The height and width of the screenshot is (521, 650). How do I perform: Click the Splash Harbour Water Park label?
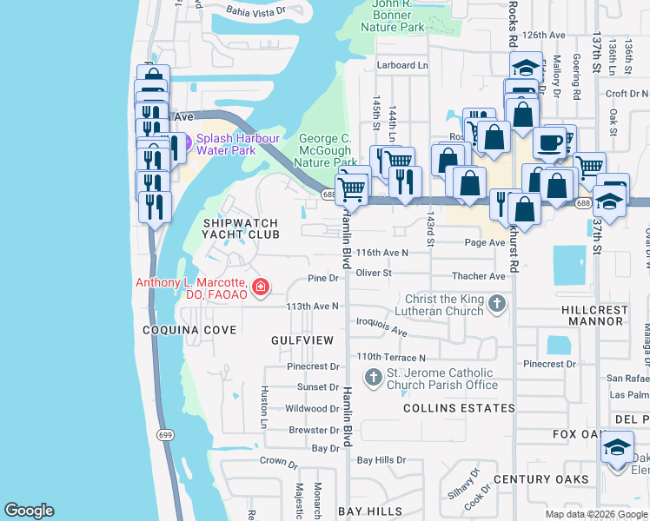pos(225,144)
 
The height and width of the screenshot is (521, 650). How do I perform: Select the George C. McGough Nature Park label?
pos(326,150)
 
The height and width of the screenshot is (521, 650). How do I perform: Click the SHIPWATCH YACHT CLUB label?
pos(241,228)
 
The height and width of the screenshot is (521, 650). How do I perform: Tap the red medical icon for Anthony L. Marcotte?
pos(259,287)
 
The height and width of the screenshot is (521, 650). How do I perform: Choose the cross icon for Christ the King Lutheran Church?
pos(496,304)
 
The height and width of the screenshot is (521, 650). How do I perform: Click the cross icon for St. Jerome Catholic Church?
pos(373,377)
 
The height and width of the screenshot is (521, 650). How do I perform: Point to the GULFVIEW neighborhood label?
pos(302,340)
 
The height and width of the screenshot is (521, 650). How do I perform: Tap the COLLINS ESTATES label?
pos(447,408)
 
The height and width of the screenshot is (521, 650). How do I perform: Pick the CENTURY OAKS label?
pos(534,479)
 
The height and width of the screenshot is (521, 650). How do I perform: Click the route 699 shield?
pos(164,434)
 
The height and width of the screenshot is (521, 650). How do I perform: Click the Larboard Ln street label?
pos(402,65)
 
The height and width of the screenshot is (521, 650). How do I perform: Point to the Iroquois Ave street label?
pos(382,332)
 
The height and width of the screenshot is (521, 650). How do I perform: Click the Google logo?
pos(29,511)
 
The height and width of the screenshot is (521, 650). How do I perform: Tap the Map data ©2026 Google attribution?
pos(595,514)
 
